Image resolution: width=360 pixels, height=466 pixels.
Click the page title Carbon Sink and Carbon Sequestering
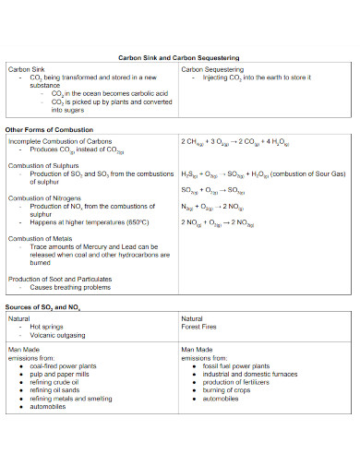tap(179, 57)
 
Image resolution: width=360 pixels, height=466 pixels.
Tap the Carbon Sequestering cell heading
tap(212, 69)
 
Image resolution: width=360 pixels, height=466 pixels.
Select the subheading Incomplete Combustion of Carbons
tap(60, 141)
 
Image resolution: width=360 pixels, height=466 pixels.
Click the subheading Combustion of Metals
tap(42, 238)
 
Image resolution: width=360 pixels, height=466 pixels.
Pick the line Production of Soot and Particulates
tap(60, 278)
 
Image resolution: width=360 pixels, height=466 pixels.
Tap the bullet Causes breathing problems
tap(69, 286)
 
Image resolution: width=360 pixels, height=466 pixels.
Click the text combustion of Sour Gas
tap(307, 173)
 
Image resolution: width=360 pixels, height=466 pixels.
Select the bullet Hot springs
tap(47, 327)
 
